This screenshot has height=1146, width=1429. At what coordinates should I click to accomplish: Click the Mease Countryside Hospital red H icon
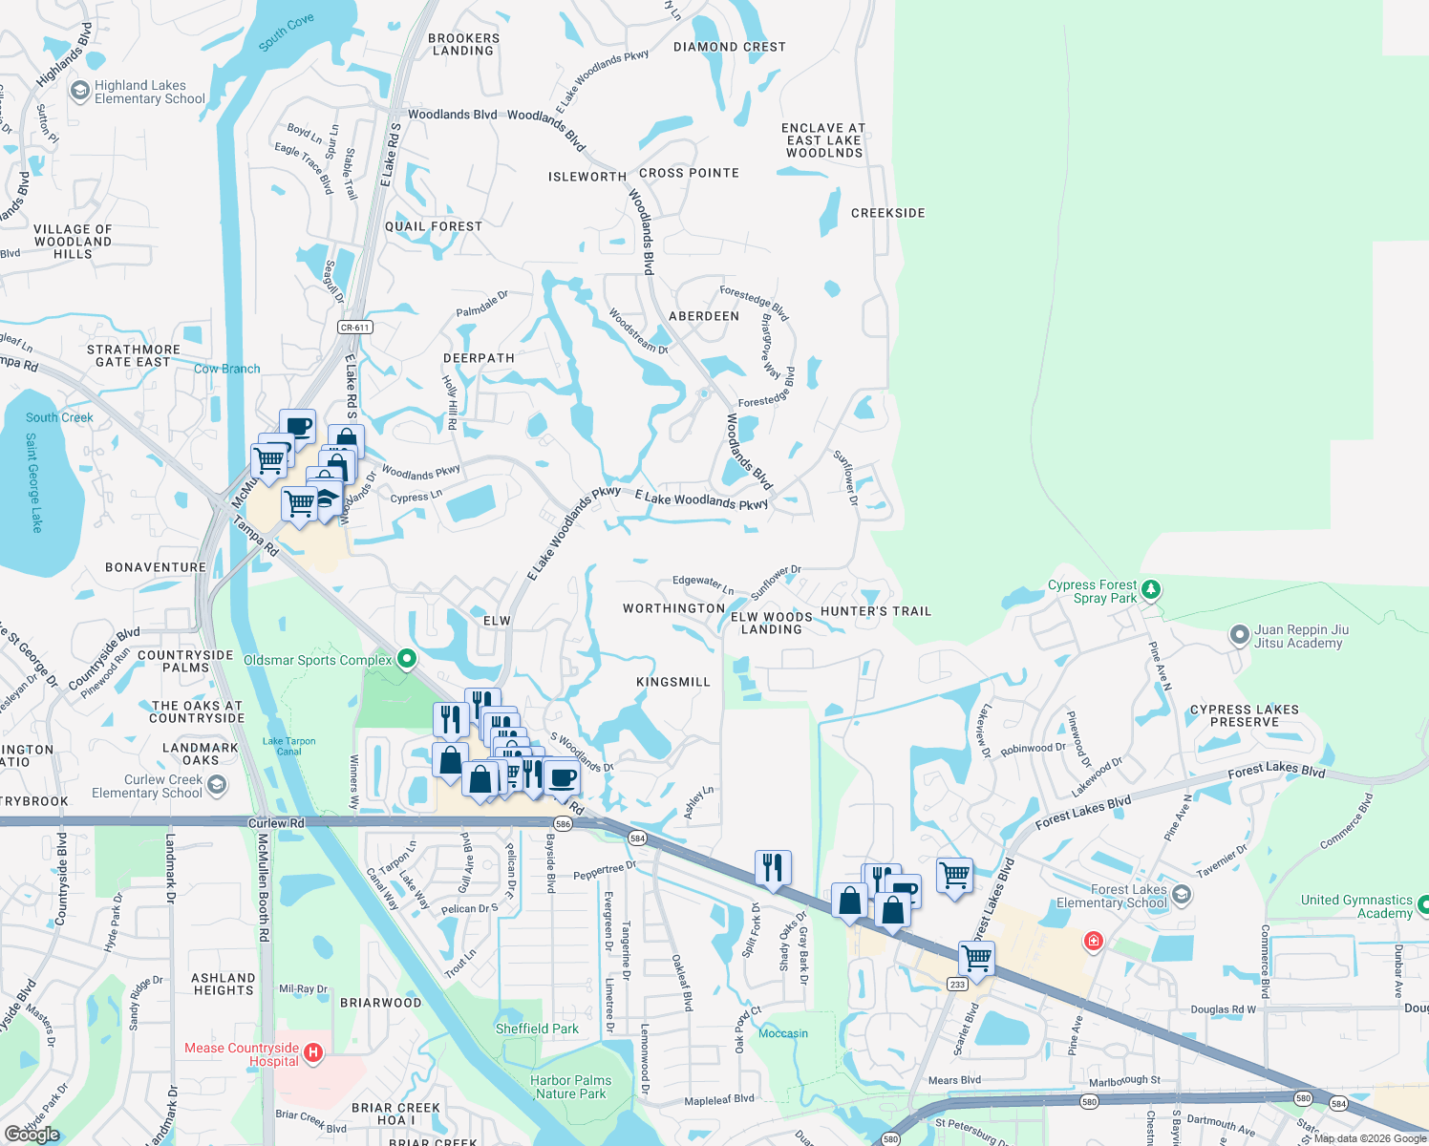312,1055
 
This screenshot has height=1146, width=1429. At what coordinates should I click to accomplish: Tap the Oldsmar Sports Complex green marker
407,659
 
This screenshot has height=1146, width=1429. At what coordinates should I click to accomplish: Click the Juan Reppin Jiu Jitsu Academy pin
1239,635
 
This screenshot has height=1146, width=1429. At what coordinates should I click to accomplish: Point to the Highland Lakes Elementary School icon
80,92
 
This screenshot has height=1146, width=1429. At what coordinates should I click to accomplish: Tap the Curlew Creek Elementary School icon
217,785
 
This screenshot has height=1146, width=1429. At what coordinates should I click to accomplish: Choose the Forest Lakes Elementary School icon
1182,895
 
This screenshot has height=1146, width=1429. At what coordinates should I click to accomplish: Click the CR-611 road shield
354,328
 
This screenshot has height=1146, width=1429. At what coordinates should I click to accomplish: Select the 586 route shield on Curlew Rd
563,823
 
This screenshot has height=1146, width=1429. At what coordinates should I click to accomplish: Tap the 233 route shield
957,984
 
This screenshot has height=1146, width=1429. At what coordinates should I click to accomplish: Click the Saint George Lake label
34,482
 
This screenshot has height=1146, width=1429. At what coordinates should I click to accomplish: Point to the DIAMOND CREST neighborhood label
730,47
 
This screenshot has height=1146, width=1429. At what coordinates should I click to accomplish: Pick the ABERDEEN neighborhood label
704,316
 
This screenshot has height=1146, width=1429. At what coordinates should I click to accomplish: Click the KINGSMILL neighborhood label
673,682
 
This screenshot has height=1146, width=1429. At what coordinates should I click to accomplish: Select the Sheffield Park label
537,1029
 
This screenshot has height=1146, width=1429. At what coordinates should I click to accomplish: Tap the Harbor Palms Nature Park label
571,1087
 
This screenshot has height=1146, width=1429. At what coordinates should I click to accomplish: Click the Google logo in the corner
32,1135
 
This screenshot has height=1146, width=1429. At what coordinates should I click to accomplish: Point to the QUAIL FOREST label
434,226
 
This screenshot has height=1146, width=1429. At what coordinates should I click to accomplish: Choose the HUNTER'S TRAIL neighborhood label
876,611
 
